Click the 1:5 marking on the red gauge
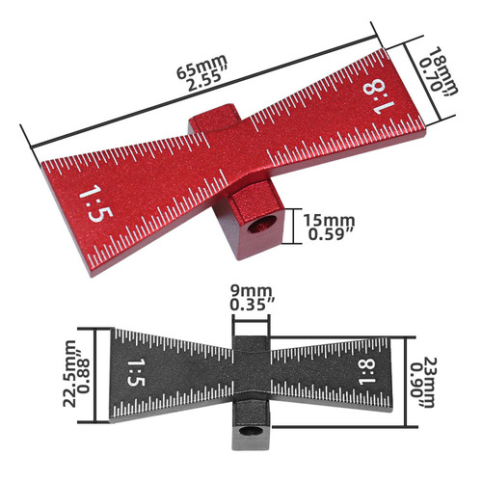pyautogui.click(x=91, y=204)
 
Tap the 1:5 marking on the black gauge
pyautogui.click(x=136, y=370)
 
